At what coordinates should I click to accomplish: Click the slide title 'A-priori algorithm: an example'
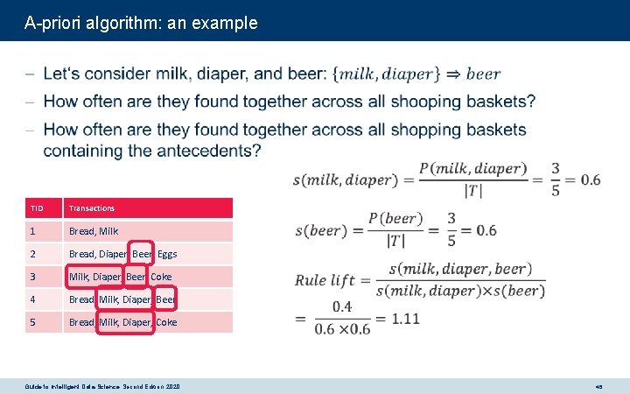[x=141, y=23]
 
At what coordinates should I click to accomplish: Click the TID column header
[x=37, y=208]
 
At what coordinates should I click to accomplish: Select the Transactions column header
[x=92, y=208]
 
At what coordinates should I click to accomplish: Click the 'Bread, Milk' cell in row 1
[x=94, y=231]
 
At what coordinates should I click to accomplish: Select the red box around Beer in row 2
[x=141, y=254]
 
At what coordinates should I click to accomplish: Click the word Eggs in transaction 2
[x=167, y=254]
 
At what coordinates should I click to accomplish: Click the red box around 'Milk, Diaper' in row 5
[x=125, y=322]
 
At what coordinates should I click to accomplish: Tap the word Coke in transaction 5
[x=166, y=322]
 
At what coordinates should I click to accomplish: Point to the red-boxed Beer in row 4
[x=164, y=299]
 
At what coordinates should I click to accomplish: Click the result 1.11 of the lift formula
[x=405, y=319]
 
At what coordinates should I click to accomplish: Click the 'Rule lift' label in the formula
[x=325, y=280]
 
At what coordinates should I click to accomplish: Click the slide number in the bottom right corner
[x=598, y=386]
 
